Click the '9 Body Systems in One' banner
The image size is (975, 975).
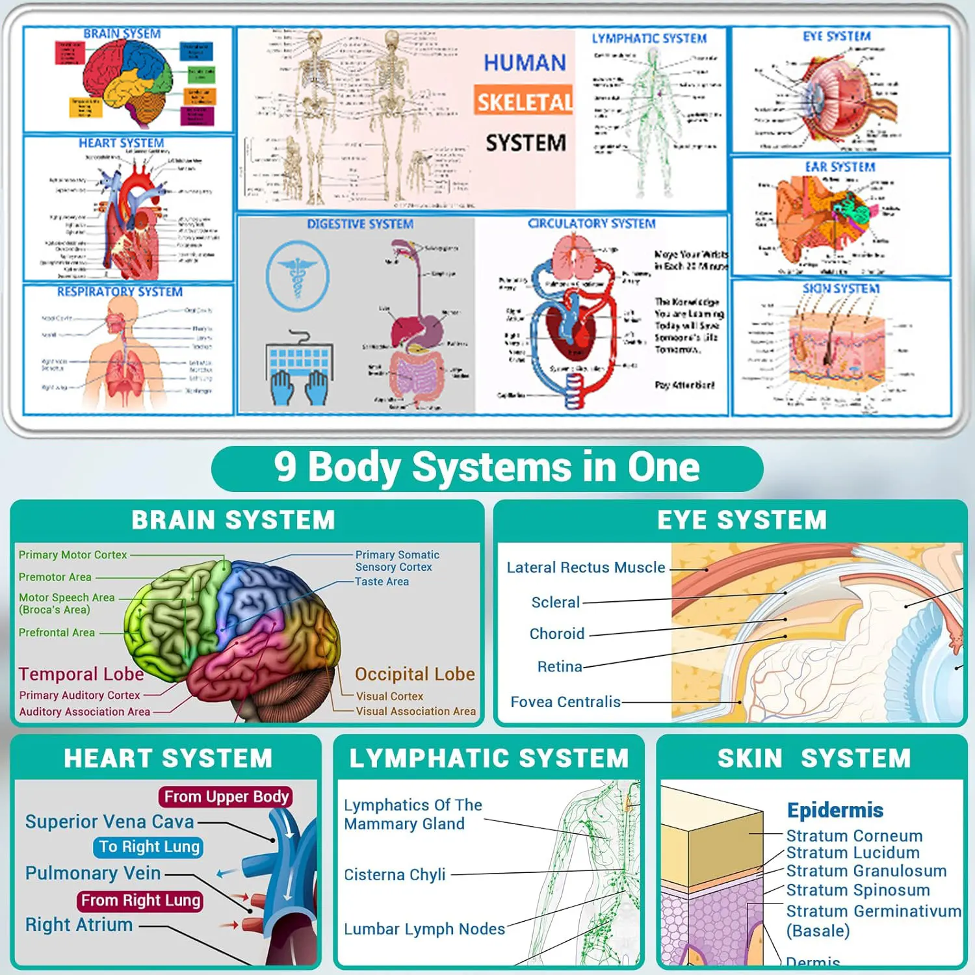[x=487, y=467]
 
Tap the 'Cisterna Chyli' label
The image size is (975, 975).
[x=395, y=875]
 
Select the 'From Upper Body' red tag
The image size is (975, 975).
[x=226, y=797]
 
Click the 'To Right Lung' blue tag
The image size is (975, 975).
[x=149, y=847]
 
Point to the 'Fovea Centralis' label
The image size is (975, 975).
[x=565, y=702]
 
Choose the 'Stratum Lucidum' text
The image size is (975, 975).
[x=853, y=853]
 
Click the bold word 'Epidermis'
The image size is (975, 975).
[x=835, y=811]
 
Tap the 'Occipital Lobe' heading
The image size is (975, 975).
[x=415, y=674]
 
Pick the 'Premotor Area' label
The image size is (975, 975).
[x=55, y=577]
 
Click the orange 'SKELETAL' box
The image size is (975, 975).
[x=524, y=101]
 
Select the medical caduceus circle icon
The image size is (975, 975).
[x=298, y=276]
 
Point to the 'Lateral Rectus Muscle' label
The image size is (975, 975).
[x=586, y=567]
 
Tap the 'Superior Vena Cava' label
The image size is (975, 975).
[x=110, y=822]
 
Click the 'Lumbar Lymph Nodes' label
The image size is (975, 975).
[x=424, y=929]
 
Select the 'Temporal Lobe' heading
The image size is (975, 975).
[x=81, y=674]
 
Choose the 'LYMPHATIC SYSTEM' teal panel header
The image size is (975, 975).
[x=489, y=759]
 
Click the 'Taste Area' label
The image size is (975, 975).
[x=382, y=582]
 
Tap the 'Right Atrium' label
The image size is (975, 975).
[x=79, y=925]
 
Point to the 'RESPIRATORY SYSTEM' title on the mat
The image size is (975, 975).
[x=120, y=292]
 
